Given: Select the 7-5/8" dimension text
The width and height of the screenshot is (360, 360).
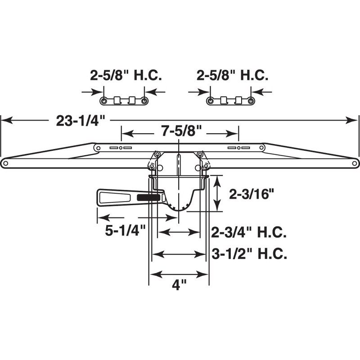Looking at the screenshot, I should point(180,133).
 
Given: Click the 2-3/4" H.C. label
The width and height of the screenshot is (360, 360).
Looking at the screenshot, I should point(249,233).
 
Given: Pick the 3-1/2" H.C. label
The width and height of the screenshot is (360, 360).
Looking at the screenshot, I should point(249,254).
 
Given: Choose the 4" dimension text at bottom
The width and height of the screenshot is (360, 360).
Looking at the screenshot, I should point(179,285).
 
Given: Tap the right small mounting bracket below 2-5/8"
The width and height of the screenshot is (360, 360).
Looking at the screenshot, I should point(231,100).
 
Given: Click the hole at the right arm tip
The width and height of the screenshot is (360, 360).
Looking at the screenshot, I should point(355,164).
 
